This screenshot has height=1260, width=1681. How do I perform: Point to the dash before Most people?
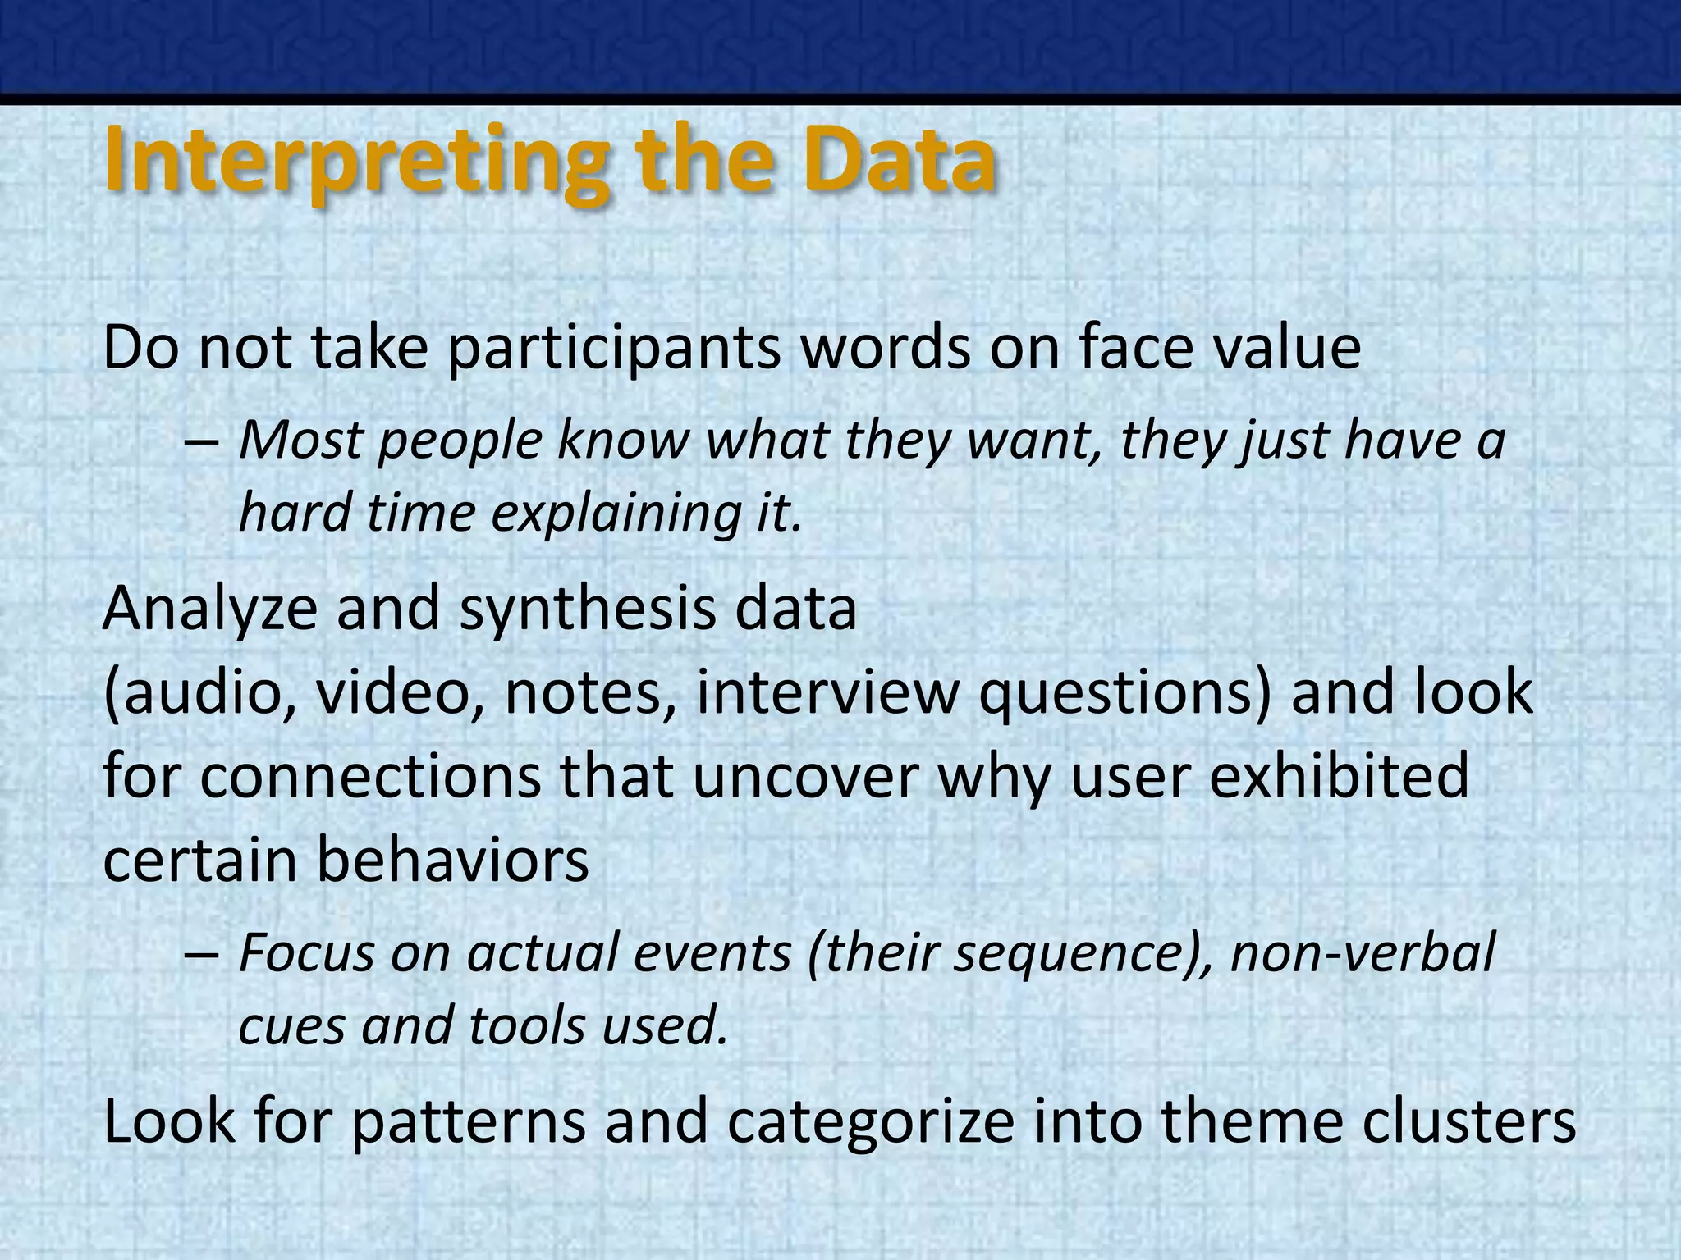tap(202, 444)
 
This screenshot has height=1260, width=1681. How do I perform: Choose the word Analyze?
tap(209, 611)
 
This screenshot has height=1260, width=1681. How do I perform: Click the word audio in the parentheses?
tap(201, 693)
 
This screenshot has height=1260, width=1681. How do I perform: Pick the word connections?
tap(369, 777)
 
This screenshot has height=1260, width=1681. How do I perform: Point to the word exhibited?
tap(1339, 777)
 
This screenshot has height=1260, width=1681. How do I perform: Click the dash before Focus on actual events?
tap(202, 956)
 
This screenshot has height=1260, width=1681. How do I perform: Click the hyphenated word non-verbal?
tap(1363, 955)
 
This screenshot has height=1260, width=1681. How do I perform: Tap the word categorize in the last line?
tap(870, 1122)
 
